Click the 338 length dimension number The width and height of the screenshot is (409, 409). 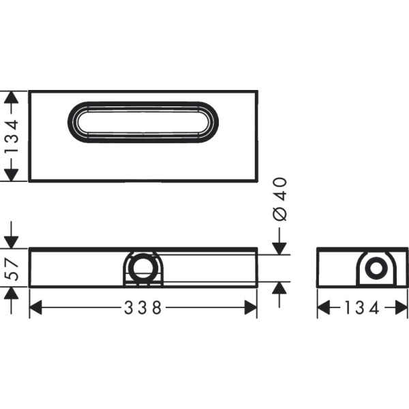[143, 308]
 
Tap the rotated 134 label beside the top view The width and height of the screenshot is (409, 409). [11, 136]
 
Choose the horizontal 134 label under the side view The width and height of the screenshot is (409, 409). [362, 308]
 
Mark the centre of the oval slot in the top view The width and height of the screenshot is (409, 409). [143, 122]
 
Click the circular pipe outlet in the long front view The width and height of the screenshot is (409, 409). [142, 267]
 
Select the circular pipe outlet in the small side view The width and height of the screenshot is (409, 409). [374, 267]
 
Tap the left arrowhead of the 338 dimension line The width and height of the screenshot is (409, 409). [35, 308]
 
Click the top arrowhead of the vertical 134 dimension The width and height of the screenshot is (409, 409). [11, 97]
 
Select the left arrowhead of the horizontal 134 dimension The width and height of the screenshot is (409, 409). [324, 308]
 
